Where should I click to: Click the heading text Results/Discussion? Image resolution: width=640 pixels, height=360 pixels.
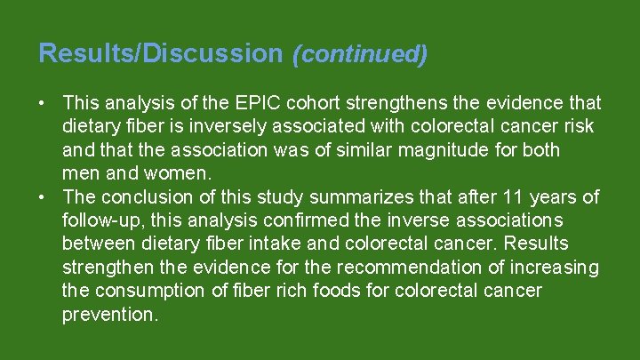tap(159, 53)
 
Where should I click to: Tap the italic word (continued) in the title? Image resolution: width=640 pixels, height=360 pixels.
tap(360, 54)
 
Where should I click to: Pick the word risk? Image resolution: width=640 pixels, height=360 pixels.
tap(577, 127)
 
